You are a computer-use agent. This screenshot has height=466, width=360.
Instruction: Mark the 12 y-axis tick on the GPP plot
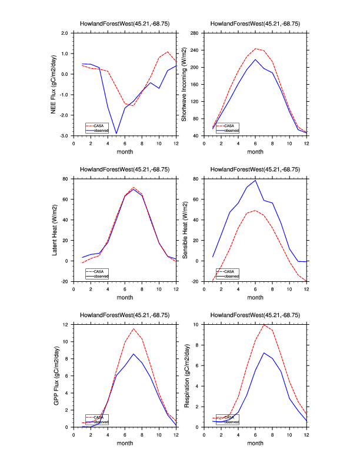(66, 325)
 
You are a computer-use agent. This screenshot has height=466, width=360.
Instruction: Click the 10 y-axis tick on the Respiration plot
(198, 325)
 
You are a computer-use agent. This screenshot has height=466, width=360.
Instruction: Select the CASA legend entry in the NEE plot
(98, 125)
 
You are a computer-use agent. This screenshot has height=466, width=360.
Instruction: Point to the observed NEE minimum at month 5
(116, 134)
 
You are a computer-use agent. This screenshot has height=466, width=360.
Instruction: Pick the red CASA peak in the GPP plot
(134, 328)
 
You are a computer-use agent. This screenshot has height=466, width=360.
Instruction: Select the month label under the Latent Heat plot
(125, 297)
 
